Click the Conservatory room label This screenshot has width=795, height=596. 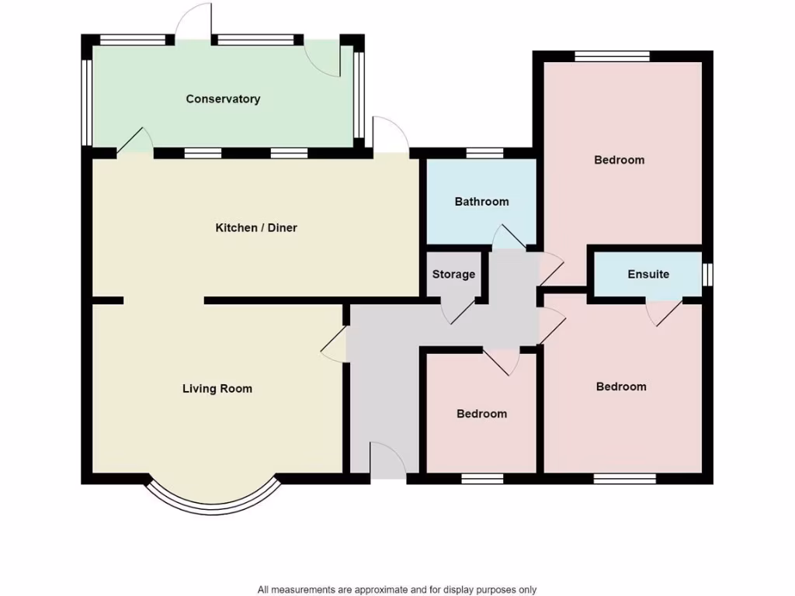click(x=223, y=99)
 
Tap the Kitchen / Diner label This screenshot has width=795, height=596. click(x=256, y=228)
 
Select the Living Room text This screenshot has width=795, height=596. click(x=217, y=389)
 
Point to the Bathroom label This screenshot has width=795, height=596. click(x=481, y=202)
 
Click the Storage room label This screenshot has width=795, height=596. click(x=453, y=275)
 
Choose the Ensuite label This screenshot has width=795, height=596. click(x=648, y=275)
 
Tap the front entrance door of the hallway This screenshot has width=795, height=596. click(x=387, y=463)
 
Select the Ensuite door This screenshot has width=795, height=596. click(x=665, y=310)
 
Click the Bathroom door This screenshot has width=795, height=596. click(x=509, y=237)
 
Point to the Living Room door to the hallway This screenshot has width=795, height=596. click(x=334, y=343)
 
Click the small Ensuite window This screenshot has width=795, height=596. click(x=707, y=275)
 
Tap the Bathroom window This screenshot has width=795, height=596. click(x=484, y=153)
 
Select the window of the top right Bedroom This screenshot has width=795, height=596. click(x=612, y=56)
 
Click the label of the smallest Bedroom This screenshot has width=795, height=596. click(x=481, y=414)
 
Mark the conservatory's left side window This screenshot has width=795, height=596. click(x=88, y=102)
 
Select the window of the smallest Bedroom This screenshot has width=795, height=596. click(x=482, y=478)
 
